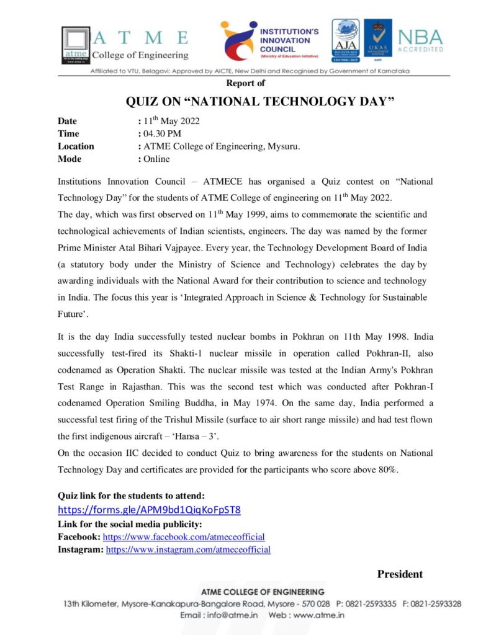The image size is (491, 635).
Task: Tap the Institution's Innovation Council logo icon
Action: point(238,42)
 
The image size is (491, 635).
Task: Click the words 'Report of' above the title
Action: point(245,83)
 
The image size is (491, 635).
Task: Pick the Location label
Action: point(76,146)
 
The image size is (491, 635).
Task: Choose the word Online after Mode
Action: point(156,159)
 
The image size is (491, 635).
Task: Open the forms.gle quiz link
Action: point(149,510)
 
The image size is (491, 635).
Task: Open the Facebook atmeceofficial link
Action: point(184,536)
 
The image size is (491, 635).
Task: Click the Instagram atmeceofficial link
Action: point(188,549)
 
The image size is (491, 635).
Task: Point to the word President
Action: point(400,574)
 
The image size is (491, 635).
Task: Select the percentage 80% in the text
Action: point(385,469)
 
